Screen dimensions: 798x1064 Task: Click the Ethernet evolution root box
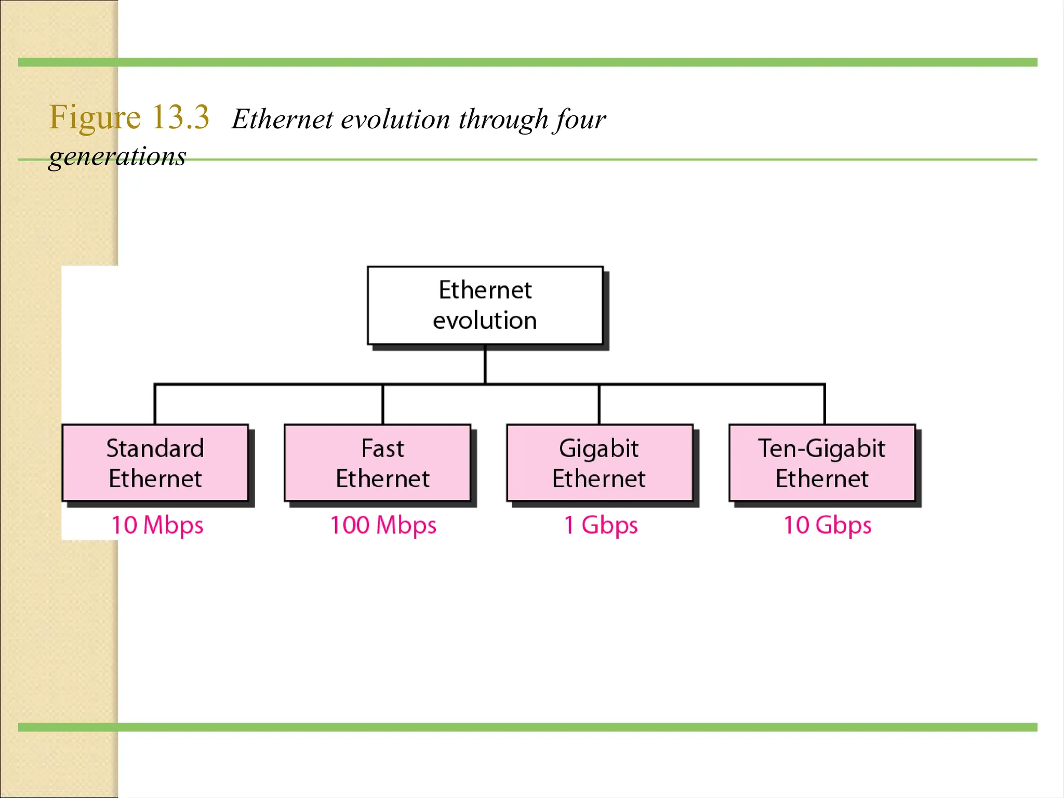tap(485, 305)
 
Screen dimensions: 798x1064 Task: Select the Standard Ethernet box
tap(155, 462)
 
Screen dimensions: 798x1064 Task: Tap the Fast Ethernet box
tap(382, 462)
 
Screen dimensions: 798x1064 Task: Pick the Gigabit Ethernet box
tap(599, 462)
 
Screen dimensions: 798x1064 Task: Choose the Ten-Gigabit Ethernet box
tap(822, 462)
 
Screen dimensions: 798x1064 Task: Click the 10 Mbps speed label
tap(157, 525)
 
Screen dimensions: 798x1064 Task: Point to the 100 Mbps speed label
tap(383, 525)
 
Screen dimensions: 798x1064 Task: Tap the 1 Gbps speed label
tap(601, 525)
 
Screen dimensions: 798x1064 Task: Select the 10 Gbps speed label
tap(827, 525)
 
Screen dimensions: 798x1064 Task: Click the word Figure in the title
tap(95, 117)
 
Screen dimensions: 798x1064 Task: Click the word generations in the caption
tap(117, 156)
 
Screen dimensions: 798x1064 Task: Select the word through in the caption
tap(503, 119)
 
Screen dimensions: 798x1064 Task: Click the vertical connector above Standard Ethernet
tap(155, 404)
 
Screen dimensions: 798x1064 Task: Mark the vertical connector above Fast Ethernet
tap(383, 404)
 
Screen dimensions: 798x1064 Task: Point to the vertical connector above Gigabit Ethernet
tap(599, 404)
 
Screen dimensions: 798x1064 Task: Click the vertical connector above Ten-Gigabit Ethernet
tap(824, 404)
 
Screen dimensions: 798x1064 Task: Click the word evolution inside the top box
tap(485, 321)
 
